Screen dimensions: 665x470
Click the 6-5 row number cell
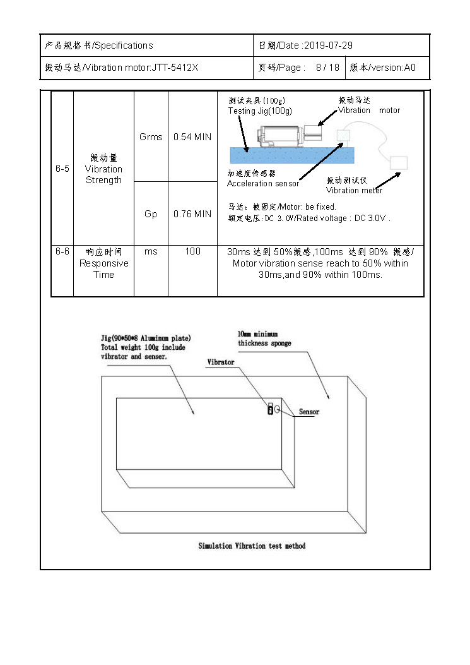pyautogui.click(x=62, y=169)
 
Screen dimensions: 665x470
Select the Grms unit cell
pyautogui.click(x=151, y=137)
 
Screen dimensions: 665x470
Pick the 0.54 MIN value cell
pyautogui.click(x=192, y=137)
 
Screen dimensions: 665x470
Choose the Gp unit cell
pyautogui.click(x=151, y=214)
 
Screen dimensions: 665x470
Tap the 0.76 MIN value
pyautogui.click(x=192, y=214)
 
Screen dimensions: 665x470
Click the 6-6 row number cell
pyautogui.click(x=62, y=251)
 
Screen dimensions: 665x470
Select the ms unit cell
pyautogui.click(x=151, y=251)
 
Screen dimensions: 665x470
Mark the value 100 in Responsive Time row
pyautogui.click(x=192, y=251)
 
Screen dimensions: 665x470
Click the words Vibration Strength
pyautogui.click(x=103, y=174)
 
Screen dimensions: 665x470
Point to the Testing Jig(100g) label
pyautogui.click(x=260, y=111)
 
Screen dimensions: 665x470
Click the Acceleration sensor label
pyautogui.click(x=263, y=184)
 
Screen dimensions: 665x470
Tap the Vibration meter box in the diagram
pyautogui.click(x=399, y=162)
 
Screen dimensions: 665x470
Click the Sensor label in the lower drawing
pyautogui.click(x=309, y=412)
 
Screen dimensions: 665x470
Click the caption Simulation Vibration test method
pyautogui.click(x=252, y=546)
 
